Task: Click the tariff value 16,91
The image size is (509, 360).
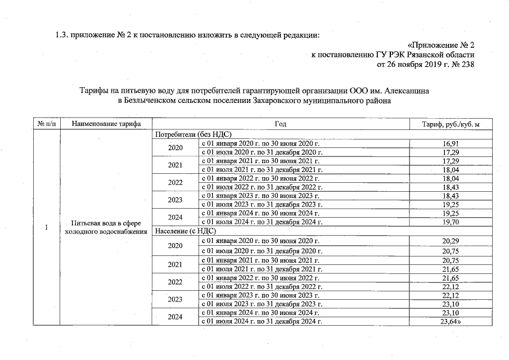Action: point(451,144)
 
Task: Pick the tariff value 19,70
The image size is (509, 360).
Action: point(451,222)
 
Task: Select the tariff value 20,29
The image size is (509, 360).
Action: point(451,241)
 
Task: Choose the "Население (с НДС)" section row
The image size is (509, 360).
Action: point(185,231)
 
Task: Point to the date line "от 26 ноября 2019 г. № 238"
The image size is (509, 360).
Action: point(425,65)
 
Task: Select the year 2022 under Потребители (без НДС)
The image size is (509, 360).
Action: point(175,183)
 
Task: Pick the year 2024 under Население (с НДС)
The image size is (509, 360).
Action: point(175,317)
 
